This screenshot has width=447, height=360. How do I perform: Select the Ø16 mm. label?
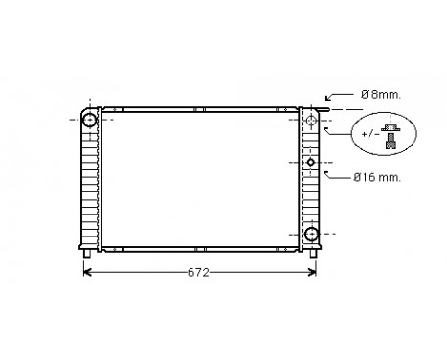click(376, 177)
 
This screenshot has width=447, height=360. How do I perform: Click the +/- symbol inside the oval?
click(369, 136)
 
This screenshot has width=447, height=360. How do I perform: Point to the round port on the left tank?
click(89, 120)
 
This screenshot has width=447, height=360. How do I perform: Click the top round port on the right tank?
click(312, 120)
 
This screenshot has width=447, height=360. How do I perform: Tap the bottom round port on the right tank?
click(312, 235)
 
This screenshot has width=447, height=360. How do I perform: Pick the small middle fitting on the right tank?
click(311, 163)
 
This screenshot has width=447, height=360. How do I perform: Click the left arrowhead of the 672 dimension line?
click(89, 273)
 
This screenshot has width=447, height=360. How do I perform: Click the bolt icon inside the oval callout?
click(391, 135)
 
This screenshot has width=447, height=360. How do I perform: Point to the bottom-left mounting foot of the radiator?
click(89, 253)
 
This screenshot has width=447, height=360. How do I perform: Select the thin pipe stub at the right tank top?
click(325, 110)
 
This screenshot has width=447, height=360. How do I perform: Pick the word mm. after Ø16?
click(389, 177)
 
